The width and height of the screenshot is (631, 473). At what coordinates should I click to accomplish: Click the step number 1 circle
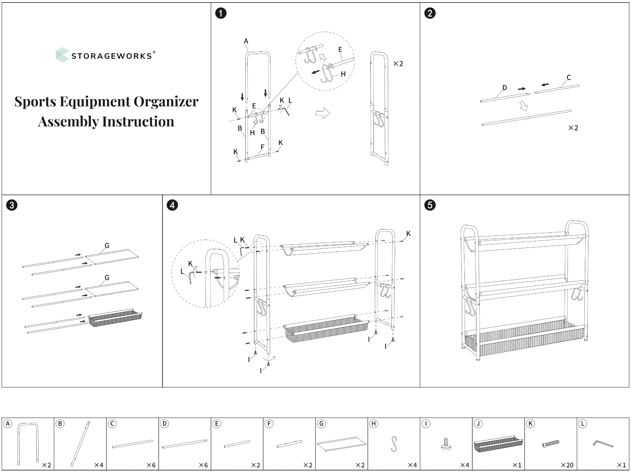coord(221,13)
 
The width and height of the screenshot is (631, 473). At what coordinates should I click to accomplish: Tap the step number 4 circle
coord(172,205)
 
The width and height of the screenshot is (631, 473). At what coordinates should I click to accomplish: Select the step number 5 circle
coord(430,205)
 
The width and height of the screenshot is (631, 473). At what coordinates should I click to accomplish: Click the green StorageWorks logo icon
coord(62,55)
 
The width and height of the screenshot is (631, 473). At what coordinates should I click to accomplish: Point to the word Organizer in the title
coord(166,102)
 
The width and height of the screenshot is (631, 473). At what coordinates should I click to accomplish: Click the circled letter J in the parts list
coord(478,424)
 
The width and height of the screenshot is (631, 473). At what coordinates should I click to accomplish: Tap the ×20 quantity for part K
coord(567,465)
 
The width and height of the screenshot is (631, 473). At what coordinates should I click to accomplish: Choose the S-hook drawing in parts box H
coord(394,444)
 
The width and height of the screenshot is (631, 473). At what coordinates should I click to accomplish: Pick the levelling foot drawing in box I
coord(446,444)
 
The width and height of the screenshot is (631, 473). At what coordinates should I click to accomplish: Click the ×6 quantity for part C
coord(151,465)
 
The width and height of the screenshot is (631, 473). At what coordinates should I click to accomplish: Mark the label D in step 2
coord(504,88)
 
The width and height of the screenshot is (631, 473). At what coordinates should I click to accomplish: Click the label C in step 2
coord(569,78)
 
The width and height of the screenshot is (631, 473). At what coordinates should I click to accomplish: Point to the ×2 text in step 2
coord(573,128)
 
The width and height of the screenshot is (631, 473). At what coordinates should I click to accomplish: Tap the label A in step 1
coord(246,41)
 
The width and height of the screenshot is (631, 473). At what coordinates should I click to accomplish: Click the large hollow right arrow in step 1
coord(323,113)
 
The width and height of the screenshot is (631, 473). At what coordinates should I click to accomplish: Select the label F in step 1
coord(262,147)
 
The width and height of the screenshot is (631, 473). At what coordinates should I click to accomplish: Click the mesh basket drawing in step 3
coord(115,318)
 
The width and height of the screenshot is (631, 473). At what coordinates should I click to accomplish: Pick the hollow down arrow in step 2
coord(523,106)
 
